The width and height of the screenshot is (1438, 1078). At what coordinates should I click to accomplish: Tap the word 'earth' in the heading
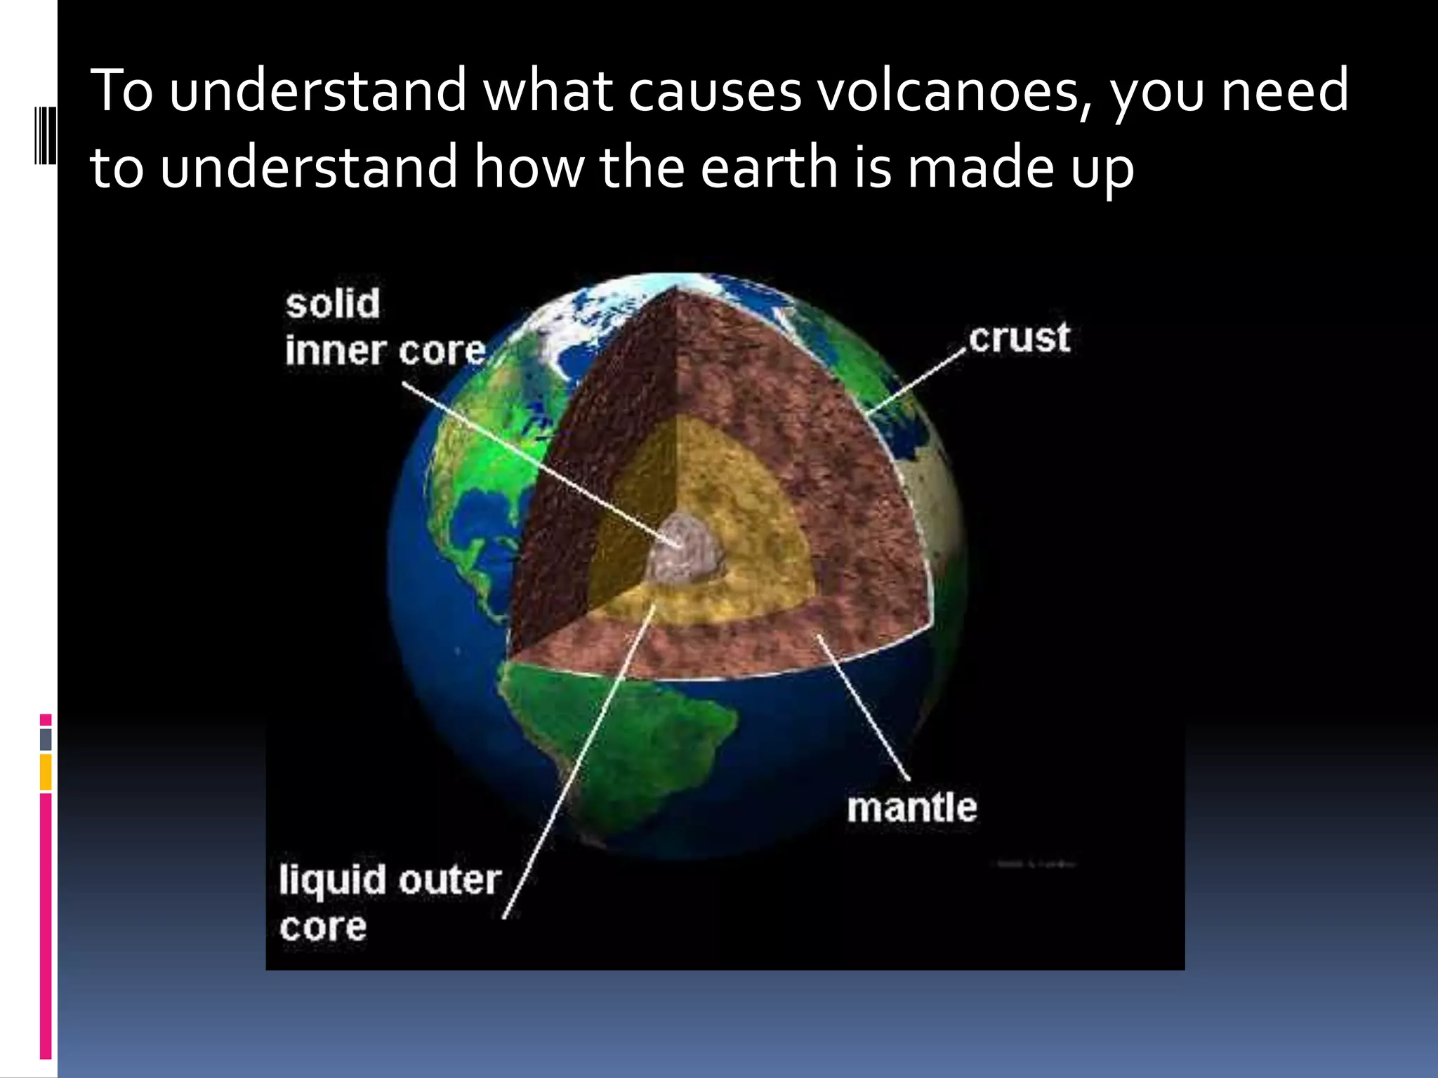769,168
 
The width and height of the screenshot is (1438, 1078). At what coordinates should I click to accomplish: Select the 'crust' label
1019,338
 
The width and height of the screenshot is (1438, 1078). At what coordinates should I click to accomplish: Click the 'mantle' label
911,807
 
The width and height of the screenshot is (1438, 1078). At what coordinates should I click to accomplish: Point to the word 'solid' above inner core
333,304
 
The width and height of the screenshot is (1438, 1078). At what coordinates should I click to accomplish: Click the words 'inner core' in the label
385,350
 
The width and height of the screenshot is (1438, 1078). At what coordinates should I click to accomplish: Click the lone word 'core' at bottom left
323,927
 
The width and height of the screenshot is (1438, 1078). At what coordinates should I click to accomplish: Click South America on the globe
618,744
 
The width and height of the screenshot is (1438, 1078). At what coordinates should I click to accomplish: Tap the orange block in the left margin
46,772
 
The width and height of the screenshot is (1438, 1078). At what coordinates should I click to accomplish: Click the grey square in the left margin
46,739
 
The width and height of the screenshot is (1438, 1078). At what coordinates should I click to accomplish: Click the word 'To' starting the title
121,91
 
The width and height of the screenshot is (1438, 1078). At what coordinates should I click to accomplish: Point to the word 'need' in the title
1284,91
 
